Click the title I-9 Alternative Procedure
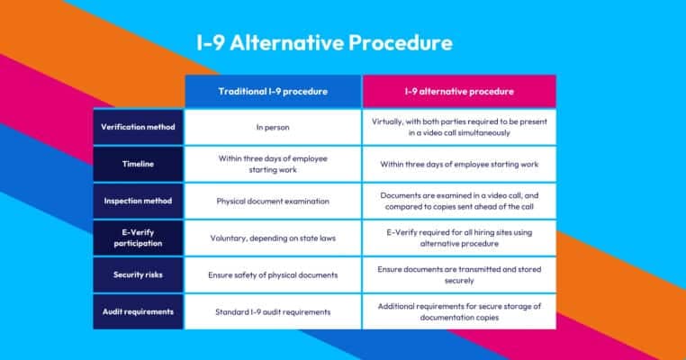pos(325,43)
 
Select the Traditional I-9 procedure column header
pos(273,92)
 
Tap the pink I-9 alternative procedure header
pos(459,92)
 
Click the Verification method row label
pos(138,127)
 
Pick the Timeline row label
pos(138,164)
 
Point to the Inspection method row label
pos(138,201)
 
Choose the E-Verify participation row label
pos(138,238)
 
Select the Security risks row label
pos(138,274)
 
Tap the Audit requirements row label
pos(138,311)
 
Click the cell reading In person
pos(273,127)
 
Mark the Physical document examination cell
pos(273,201)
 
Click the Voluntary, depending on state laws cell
pos(273,238)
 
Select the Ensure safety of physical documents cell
pos(273,274)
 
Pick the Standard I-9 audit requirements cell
pos(273,311)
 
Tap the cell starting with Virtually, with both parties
pos(459,126)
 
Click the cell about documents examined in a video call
pos(459,201)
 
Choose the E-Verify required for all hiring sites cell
pos(459,238)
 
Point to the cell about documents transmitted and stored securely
pos(459,274)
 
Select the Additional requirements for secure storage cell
pos(459,311)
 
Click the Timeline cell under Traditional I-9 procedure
pos(273,164)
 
